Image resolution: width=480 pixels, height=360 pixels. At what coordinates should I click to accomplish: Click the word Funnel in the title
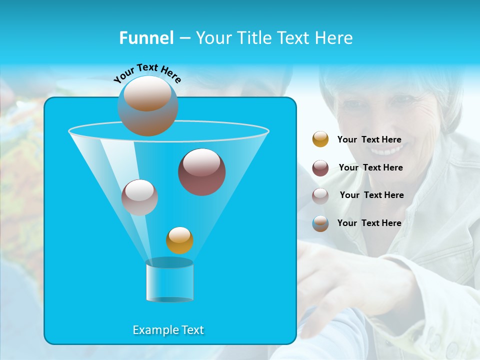(146, 38)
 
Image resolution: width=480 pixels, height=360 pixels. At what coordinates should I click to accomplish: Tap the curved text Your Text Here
(147, 73)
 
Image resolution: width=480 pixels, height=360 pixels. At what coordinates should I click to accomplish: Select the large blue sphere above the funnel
(147, 105)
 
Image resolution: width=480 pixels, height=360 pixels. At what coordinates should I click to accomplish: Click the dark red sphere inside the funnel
(201, 172)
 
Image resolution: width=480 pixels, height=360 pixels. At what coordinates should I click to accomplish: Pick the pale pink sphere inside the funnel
(139, 197)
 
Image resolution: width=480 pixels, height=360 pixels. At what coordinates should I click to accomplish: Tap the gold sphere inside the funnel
(179, 240)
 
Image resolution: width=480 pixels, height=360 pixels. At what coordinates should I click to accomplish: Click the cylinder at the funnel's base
(169, 280)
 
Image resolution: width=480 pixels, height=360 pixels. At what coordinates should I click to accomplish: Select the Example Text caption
(168, 330)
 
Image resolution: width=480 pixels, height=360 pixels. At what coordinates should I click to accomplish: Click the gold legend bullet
(320, 139)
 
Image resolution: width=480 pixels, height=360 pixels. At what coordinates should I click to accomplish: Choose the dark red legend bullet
(320, 168)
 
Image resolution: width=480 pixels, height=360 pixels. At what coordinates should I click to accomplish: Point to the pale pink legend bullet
(320, 195)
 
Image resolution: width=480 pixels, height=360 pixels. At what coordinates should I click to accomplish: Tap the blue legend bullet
(320, 223)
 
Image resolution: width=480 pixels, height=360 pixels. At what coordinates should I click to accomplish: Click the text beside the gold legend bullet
(369, 139)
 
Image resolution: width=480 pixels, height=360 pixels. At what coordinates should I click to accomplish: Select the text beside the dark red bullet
(370, 167)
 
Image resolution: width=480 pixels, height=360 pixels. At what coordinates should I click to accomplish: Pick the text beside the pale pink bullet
(371, 195)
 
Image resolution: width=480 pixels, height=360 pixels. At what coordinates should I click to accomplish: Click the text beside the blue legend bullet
(369, 223)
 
